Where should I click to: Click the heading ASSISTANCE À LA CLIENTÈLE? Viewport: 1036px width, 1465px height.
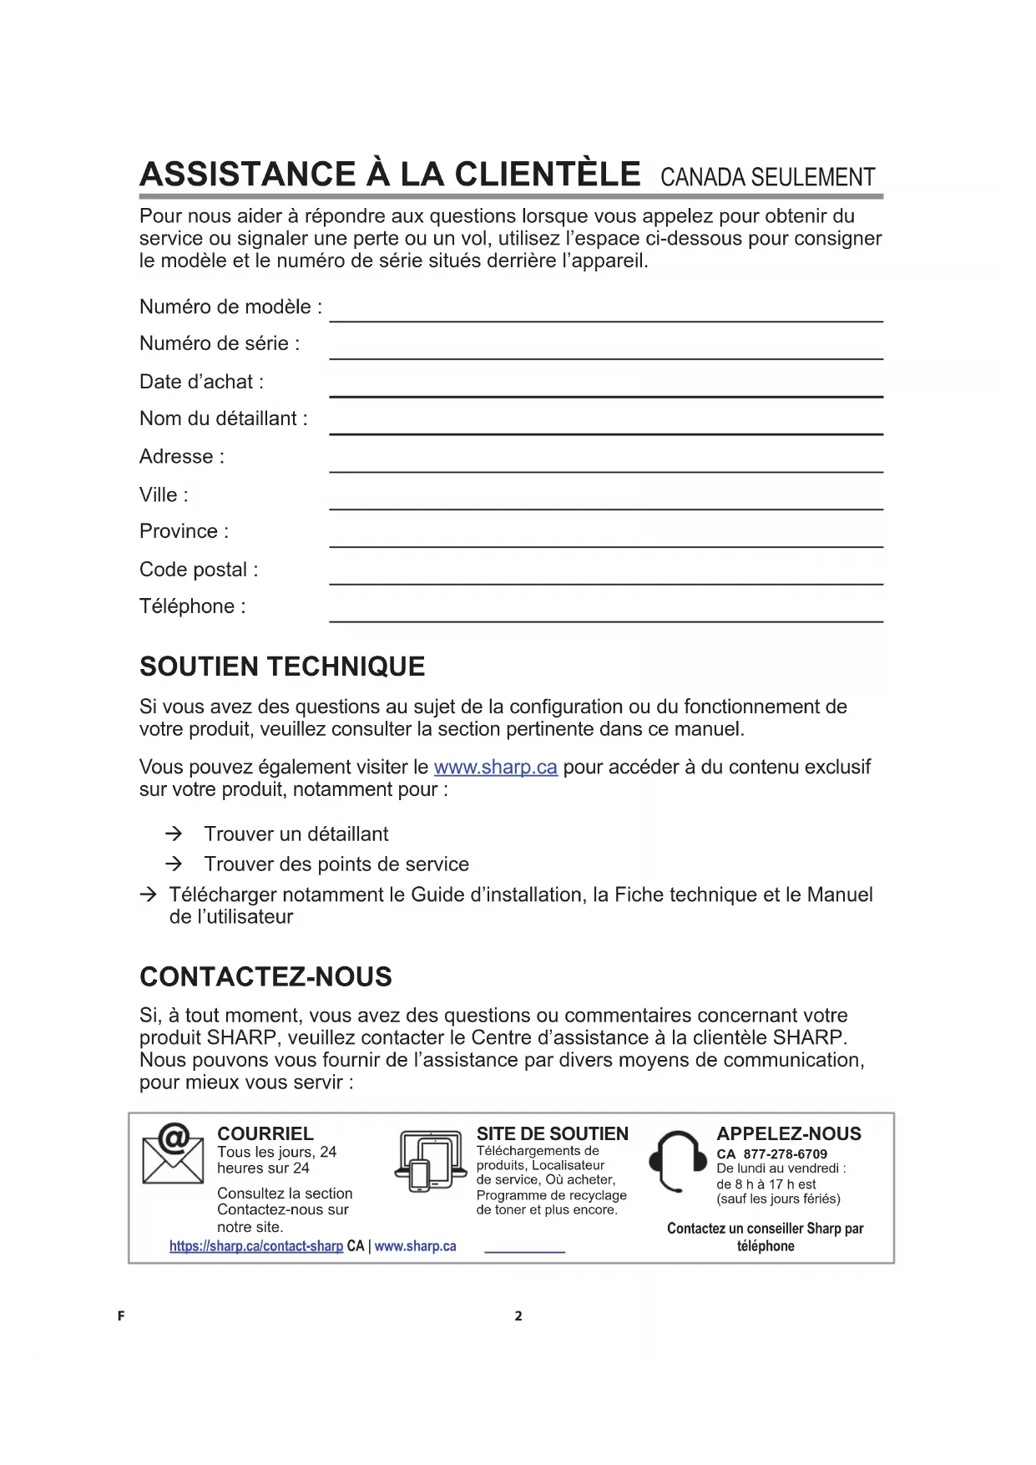(x=390, y=175)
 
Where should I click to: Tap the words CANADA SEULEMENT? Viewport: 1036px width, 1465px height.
(x=767, y=178)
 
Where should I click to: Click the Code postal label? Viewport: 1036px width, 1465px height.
(x=199, y=570)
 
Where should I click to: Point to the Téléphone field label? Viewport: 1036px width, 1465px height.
(x=193, y=606)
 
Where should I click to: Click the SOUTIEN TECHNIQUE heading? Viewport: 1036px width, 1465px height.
(x=282, y=667)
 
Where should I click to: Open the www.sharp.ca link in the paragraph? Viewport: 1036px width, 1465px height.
(x=495, y=768)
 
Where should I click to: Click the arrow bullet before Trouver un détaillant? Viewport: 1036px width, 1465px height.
(x=174, y=834)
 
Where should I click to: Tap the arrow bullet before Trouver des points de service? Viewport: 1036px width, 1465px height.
(x=174, y=864)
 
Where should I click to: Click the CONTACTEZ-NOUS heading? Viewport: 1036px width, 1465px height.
(x=265, y=976)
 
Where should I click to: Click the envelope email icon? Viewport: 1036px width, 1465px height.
(x=173, y=1153)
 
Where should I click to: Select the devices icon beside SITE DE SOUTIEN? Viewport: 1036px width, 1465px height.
(x=430, y=1160)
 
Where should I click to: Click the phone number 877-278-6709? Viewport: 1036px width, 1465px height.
(x=785, y=1154)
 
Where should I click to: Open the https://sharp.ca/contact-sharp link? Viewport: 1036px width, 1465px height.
(x=256, y=1246)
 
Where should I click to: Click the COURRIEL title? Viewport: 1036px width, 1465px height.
(x=265, y=1133)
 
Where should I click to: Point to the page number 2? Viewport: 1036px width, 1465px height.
(x=518, y=1316)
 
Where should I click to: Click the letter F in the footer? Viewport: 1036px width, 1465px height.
(x=121, y=1316)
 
